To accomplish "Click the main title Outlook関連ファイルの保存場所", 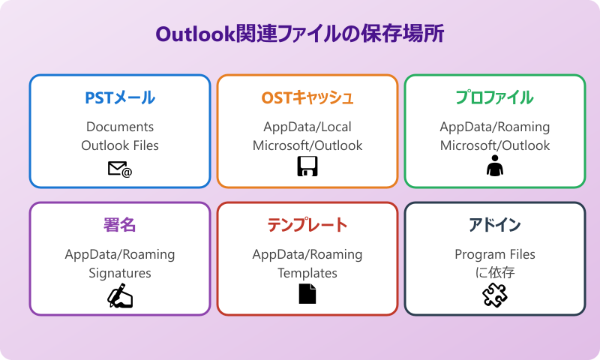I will [x=300, y=34].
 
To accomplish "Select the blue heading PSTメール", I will [x=120, y=97].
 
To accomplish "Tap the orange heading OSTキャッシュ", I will [x=307, y=97].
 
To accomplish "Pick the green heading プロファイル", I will [x=495, y=97].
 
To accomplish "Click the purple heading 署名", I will [x=120, y=225].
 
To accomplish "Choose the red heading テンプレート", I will [x=307, y=225].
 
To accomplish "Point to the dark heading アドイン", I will [x=495, y=225].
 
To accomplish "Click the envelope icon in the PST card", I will [x=120, y=169].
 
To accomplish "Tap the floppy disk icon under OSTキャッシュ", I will [x=307, y=168].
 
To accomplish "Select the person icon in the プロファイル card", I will [x=495, y=168].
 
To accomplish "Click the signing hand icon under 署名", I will [x=120, y=296].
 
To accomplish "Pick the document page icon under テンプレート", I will [x=307, y=295].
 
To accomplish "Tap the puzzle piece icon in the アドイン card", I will [x=495, y=295].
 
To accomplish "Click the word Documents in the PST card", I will [x=120, y=127].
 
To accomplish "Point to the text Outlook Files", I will [x=120, y=145].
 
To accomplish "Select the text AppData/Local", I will [x=307, y=127].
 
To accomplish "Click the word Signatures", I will [x=120, y=273].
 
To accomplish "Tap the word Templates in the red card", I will [x=307, y=273].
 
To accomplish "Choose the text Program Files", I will [x=495, y=254].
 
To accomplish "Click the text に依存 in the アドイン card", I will [x=495, y=273].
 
